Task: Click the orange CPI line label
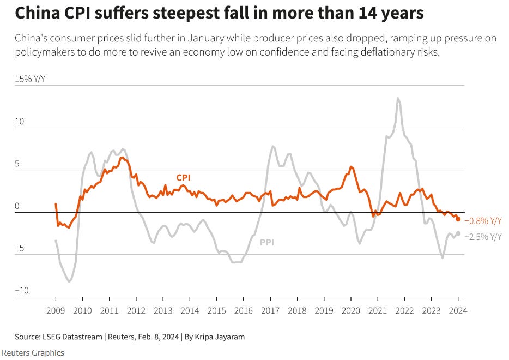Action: (183, 177)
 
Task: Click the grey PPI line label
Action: (266, 242)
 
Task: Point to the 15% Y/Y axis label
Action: (31, 79)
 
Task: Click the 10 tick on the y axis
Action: (19, 121)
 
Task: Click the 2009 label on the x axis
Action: (56, 310)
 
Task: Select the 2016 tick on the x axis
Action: (243, 310)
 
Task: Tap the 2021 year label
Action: (377, 310)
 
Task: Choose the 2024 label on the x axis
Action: (458, 310)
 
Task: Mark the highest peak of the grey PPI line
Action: (398, 98)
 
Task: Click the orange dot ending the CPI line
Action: (458, 219)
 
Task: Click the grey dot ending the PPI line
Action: (458, 233)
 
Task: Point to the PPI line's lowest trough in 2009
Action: (69, 281)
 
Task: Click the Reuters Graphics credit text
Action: (33, 352)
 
